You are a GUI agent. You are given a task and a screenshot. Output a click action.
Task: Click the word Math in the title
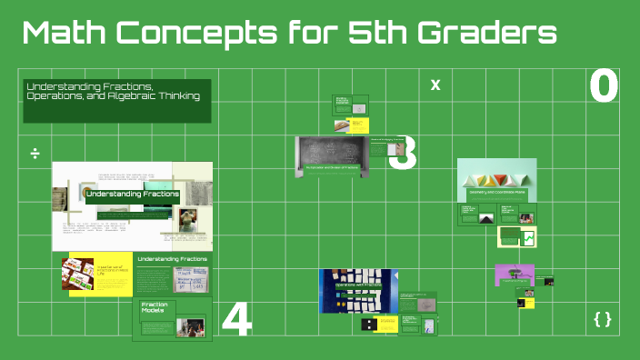coord(65,34)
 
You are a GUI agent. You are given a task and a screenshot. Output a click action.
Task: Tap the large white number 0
coord(604,86)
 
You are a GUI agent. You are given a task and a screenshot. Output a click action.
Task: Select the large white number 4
coord(236,319)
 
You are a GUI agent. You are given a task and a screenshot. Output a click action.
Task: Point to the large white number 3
coord(404,154)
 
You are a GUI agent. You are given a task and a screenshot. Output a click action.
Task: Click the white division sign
coord(35,152)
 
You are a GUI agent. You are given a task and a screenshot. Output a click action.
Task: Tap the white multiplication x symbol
coord(435,85)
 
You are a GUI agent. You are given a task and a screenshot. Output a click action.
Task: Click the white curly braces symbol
coord(602,319)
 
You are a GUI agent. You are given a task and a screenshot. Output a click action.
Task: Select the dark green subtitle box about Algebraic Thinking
coord(117,100)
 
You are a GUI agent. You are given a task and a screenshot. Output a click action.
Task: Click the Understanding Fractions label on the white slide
coord(132,195)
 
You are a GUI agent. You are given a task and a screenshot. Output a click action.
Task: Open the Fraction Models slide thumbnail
coord(172,318)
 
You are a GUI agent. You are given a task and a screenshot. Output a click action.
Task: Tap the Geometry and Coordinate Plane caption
coord(496,192)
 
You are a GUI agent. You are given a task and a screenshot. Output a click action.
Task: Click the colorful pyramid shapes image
coord(496,173)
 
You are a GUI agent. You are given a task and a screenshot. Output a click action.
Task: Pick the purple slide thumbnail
coord(513,275)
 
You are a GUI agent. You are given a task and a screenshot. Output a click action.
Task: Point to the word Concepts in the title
coord(200,34)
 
